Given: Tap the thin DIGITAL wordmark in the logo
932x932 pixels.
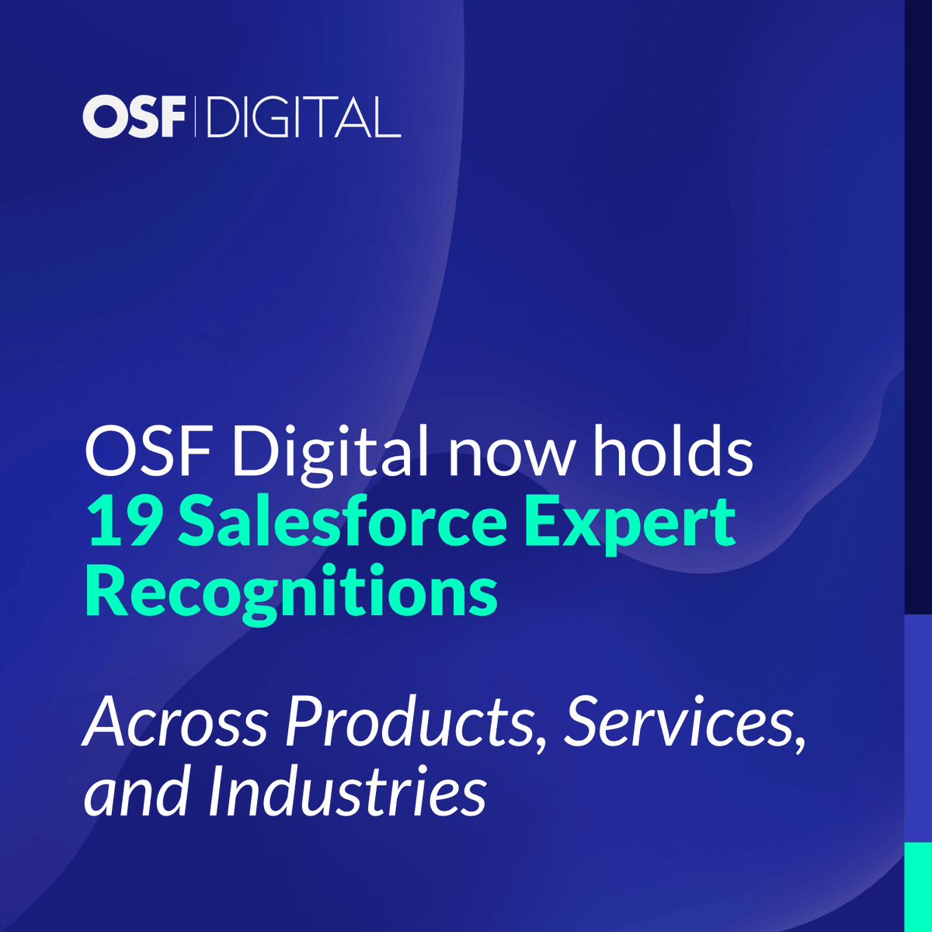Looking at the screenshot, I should pyautogui.click(x=304, y=117).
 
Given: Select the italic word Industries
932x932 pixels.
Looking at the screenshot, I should pyautogui.click(x=346, y=793).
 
